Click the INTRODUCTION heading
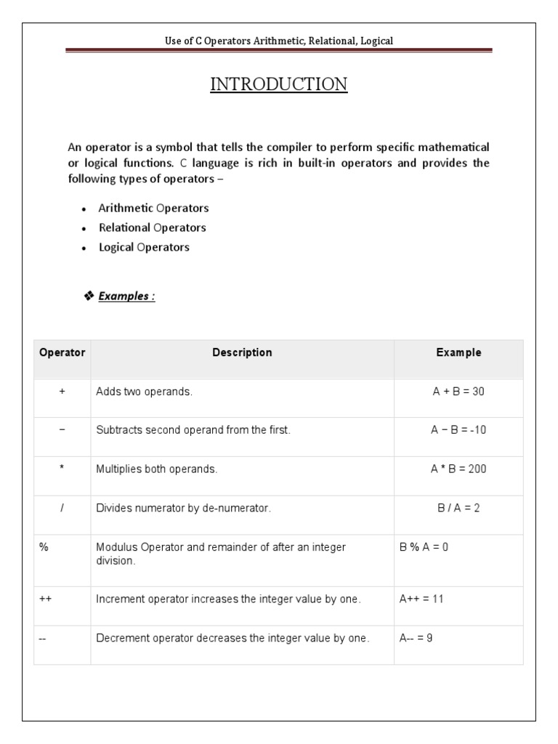[x=279, y=85]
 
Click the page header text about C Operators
[x=279, y=41]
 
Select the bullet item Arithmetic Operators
[x=154, y=209]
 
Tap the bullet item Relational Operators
[x=153, y=227]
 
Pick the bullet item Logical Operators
[x=144, y=247]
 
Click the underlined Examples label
[x=126, y=296]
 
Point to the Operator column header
[x=62, y=353]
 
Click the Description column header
[x=242, y=353]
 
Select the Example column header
[x=458, y=353]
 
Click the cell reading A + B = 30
[x=458, y=392]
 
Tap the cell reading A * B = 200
[x=458, y=469]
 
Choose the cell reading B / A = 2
[x=458, y=509]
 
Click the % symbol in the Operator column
[x=44, y=547]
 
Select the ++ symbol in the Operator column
[x=45, y=599]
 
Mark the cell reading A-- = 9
[x=416, y=639]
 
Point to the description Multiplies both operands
[x=157, y=469]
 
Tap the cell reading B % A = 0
[x=424, y=547]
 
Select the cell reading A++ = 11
[x=421, y=599]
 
